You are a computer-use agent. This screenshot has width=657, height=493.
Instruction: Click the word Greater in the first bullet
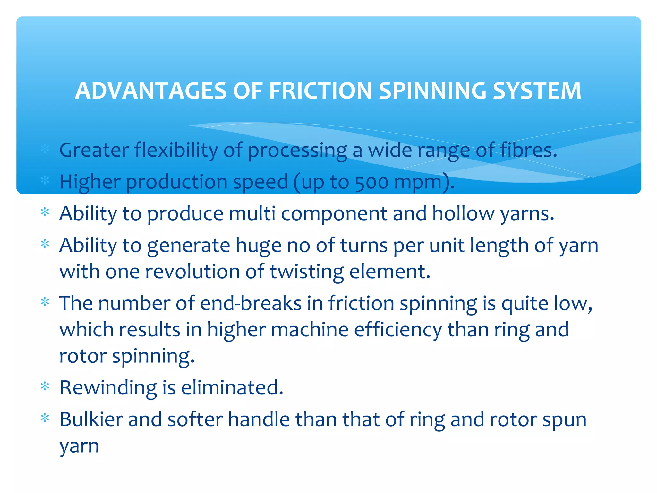(x=94, y=150)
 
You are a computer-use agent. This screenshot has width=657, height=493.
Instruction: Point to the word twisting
(x=307, y=272)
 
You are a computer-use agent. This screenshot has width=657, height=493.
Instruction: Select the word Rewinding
(x=108, y=388)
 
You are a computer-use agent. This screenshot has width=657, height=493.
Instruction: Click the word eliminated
(x=232, y=388)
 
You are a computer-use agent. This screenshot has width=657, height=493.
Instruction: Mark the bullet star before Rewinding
(x=45, y=386)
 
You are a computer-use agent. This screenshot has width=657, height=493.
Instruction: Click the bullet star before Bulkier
(x=45, y=418)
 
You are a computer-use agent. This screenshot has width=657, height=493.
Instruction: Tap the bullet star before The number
(x=45, y=302)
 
